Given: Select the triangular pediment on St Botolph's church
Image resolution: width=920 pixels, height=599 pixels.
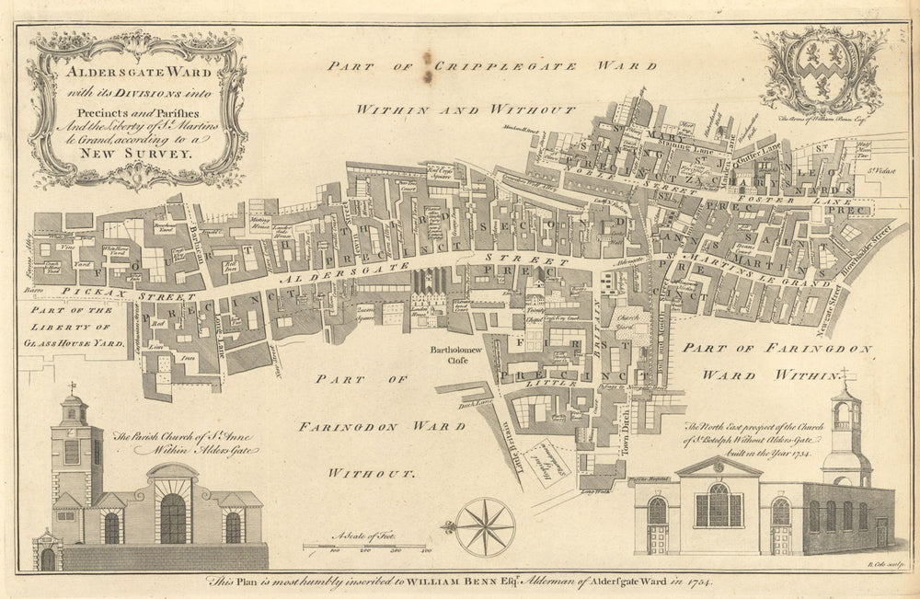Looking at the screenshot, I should click(x=719, y=467).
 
